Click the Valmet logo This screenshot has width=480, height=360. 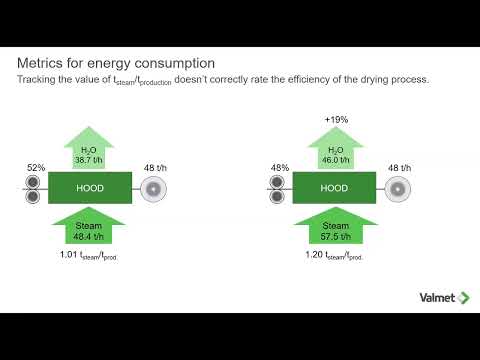pos(435,296)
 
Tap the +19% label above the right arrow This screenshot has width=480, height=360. pos(335,120)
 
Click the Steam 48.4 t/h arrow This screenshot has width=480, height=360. pos(87,224)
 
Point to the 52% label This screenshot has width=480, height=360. pos(37,168)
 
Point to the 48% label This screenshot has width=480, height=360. pos(281,168)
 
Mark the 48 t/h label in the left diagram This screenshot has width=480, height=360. pos(155,168)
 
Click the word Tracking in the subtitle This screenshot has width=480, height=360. pos(37,79)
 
